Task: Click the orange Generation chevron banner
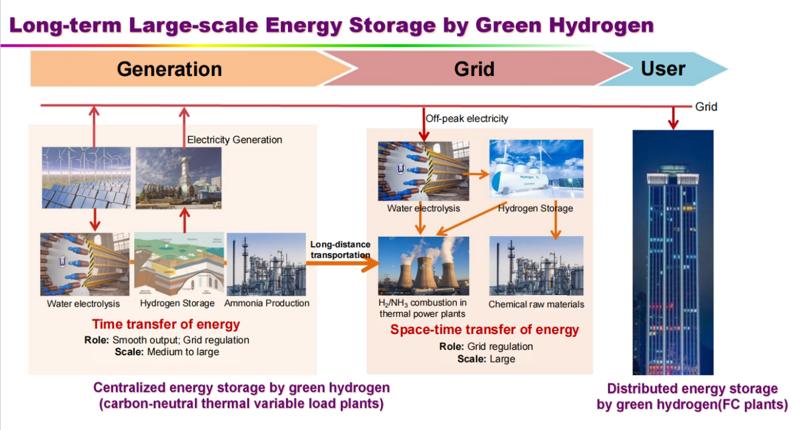(190, 69)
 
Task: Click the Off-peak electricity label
(467, 118)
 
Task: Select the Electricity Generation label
(234, 140)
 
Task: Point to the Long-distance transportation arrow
(343, 264)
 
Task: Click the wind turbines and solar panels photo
(86, 177)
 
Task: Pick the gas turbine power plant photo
(179, 178)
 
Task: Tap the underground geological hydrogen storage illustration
(179, 264)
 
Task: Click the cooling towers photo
(423, 266)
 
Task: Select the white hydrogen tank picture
(536, 169)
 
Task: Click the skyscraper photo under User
(673, 252)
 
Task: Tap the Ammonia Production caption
(267, 303)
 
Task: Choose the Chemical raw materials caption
(536, 304)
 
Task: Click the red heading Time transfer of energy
(166, 324)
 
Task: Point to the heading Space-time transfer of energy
(484, 329)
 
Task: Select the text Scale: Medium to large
(167, 352)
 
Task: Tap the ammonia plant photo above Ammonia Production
(267, 264)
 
